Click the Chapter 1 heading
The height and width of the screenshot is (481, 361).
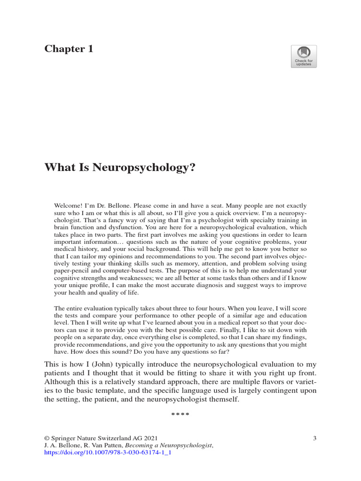click(69, 49)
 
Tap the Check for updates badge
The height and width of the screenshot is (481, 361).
click(304, 56)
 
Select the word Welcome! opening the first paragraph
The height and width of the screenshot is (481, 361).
click(69, 206)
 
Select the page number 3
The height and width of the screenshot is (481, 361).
click(314, 439)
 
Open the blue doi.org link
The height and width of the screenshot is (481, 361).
click(107, 454)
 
